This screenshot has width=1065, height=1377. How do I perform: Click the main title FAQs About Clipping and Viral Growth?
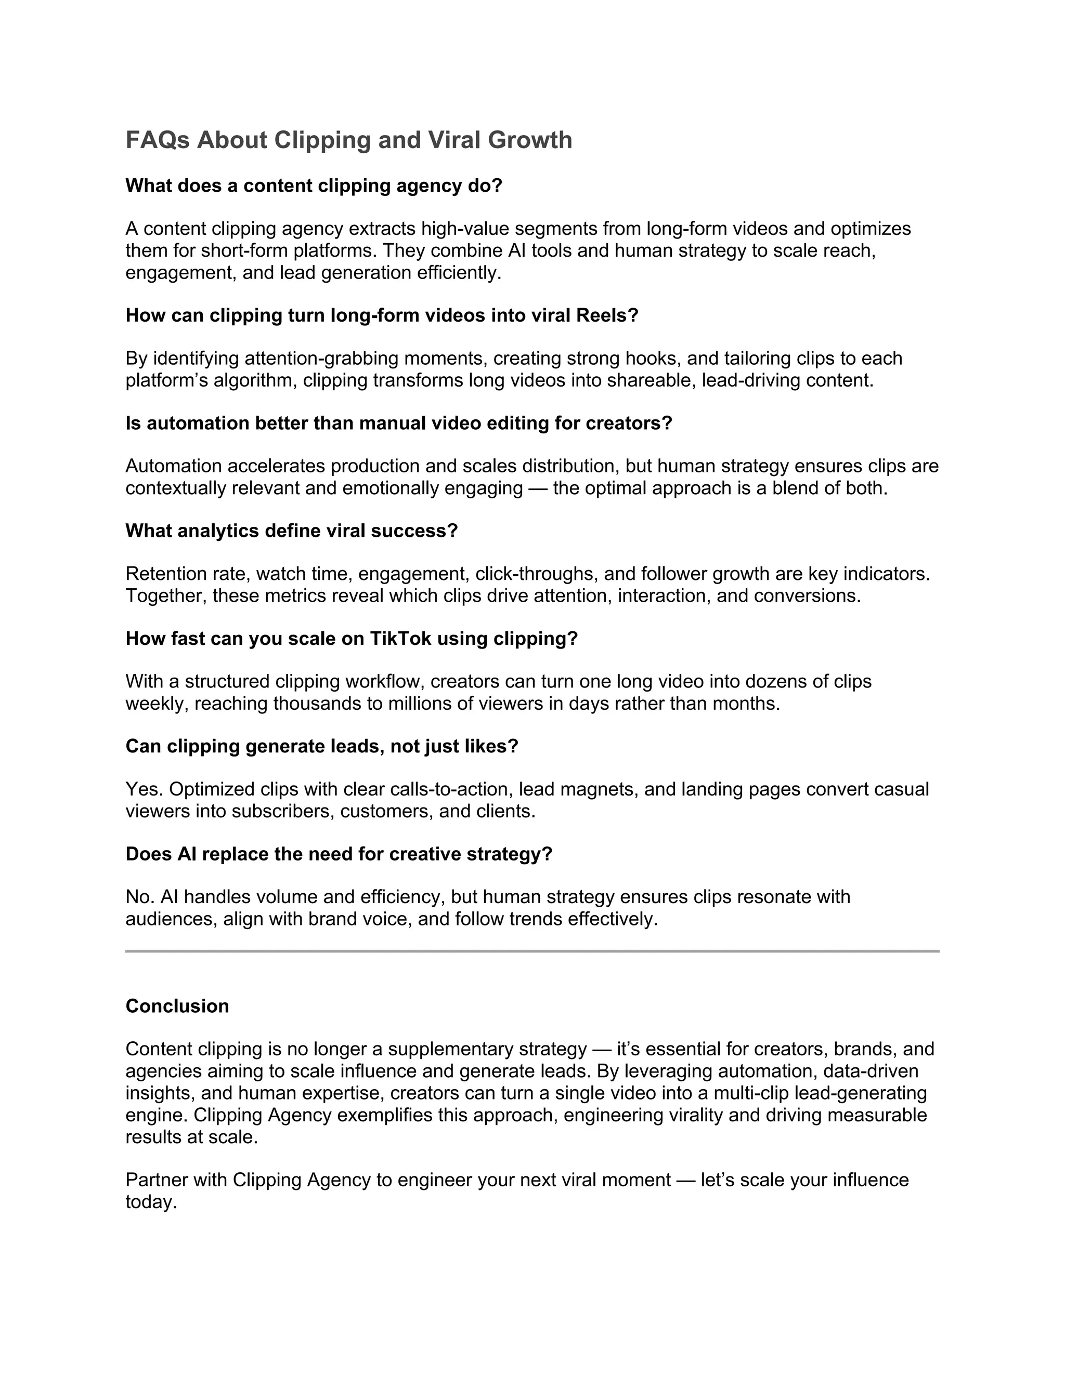pos(348,140)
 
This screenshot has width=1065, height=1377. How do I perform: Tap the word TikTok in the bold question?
pos(400,639)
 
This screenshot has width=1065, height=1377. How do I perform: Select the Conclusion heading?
pos(177,1005)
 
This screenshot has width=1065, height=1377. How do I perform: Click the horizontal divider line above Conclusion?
pos(532,951)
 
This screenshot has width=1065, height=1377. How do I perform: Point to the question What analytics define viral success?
pos(292,531)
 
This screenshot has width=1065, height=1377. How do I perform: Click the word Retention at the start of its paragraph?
pos(164,574)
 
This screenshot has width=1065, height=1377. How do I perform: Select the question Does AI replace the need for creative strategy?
pos(339,854)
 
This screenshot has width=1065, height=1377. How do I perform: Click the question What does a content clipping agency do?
pos(314,186)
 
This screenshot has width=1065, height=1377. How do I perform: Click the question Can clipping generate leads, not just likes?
pos(322,747)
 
